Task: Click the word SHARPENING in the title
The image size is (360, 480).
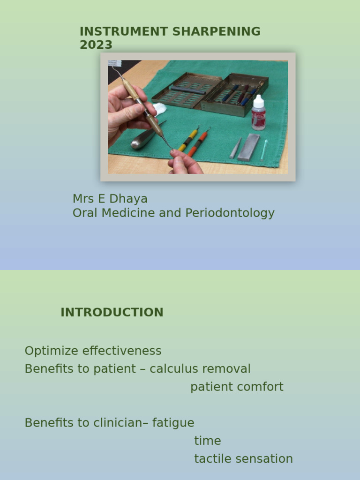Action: [x=217, y=31]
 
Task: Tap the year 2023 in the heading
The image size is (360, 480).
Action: [x=96, y=45]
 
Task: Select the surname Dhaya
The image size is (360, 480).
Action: [x=128, y=199]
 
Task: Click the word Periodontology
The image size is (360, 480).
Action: [x=230, y=213]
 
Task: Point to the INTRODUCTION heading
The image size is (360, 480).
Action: [x=112, y=312]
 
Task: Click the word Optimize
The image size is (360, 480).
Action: [x=52, y=351]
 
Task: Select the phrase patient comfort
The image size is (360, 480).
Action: [x=237, y=387]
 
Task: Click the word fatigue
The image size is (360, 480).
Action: [x=173, y=423]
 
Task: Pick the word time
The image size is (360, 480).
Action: [x=208, y=441]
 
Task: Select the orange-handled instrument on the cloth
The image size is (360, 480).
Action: [x=199, y=142]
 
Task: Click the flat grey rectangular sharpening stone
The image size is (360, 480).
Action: [x=248, y=147]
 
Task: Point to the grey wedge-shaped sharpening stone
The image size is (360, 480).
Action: [x=235, y=149]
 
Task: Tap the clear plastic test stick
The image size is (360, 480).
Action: [x=264, y=150]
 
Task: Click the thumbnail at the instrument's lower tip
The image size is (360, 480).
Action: [x=173, y=151]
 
